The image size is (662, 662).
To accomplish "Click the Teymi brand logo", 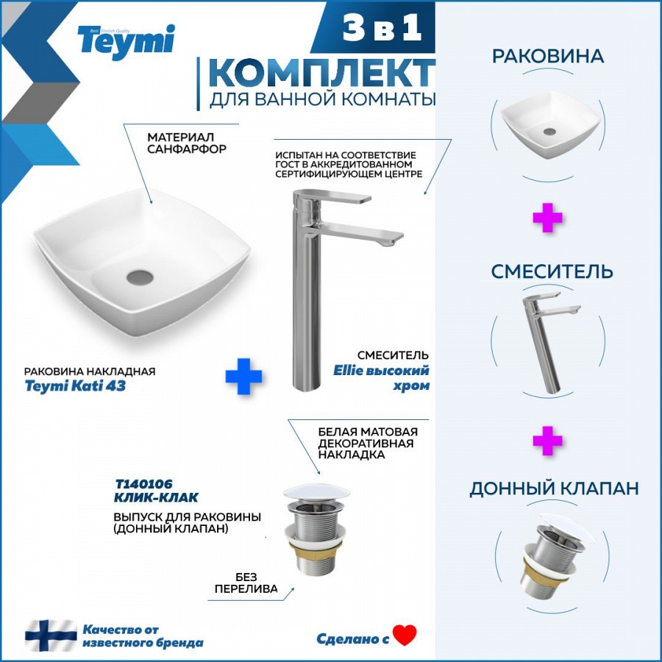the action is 126,42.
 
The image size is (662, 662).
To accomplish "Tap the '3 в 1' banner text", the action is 382,27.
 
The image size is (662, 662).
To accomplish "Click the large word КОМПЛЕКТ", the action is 321,73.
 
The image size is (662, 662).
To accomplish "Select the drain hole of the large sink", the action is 140,277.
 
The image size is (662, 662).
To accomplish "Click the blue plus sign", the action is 243,376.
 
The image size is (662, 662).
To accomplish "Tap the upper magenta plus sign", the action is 547,218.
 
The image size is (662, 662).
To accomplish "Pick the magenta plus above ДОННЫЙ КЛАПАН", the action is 547,441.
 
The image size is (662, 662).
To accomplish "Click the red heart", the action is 405,635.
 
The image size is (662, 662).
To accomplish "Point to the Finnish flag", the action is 51,636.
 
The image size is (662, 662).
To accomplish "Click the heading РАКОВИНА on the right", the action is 548,57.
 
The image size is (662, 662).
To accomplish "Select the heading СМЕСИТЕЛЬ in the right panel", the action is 552,271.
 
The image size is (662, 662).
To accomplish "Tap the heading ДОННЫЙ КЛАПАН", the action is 554,488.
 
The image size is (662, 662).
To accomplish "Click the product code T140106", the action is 143,484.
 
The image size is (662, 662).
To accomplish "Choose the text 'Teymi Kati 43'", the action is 75,386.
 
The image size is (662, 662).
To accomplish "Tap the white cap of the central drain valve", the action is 316,493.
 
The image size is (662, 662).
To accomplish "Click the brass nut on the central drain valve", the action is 315,547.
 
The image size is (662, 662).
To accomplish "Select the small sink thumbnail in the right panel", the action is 550,125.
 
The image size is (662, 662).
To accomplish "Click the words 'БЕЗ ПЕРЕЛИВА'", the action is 246,583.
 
